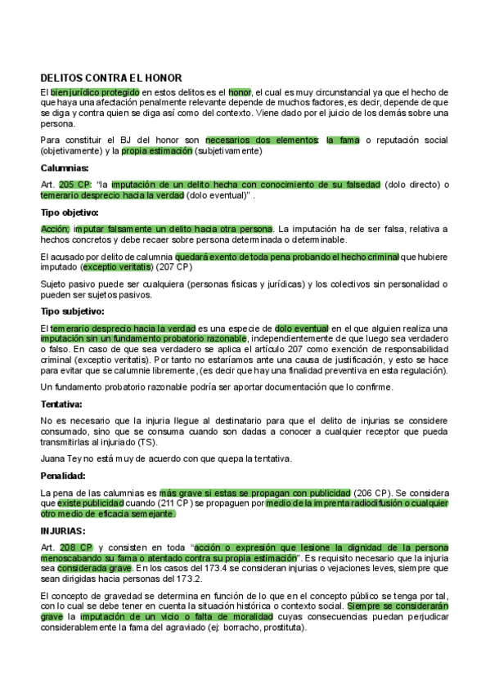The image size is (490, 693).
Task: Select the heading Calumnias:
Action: (65, 168)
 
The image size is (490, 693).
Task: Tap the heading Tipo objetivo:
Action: (70, 212)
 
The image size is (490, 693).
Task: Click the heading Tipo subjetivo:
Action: (72, 311)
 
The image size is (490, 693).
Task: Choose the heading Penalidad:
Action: (64, 475)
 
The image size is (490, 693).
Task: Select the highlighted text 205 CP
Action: (75, 185)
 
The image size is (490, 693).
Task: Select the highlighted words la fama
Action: (343, 141)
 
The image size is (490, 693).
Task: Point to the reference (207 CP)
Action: (174, 266)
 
